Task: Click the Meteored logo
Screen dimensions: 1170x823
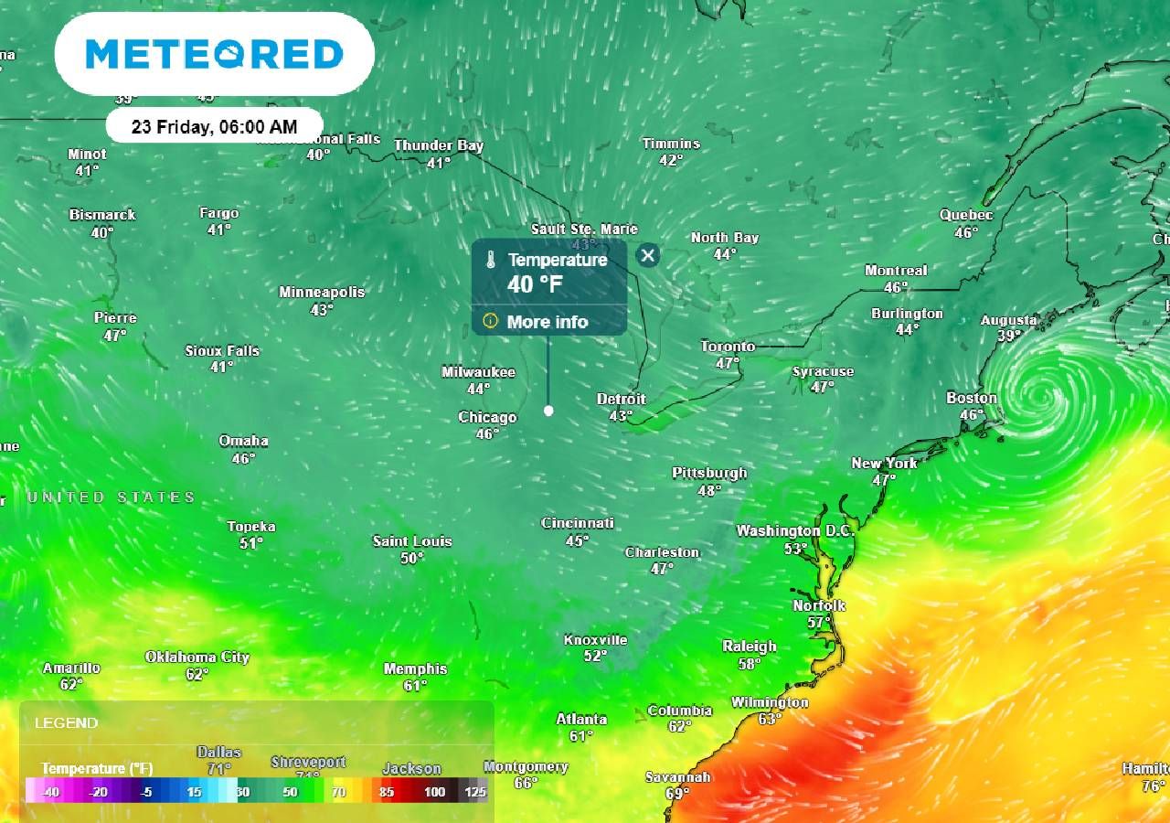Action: click(214, 54)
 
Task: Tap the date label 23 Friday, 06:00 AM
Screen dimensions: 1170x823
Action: click(214, 126)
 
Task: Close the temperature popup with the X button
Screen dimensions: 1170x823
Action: click(648, 255)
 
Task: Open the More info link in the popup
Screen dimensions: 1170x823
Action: click(547, 322)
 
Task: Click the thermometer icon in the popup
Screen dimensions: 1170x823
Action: click(491, 261)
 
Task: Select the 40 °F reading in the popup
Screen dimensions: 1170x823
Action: click(535, 284)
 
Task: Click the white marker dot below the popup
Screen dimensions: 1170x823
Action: click(548, 411)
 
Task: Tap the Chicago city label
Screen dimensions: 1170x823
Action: click(487, 418)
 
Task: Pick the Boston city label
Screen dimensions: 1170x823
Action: click(972, 398)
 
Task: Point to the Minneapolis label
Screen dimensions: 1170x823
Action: click(322, 293)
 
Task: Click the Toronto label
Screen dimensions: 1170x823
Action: click(728, 347)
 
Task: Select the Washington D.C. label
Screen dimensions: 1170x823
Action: click(794, 531)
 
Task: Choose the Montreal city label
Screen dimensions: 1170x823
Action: click(896, 271)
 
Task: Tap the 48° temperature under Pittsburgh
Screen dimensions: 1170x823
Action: click(709, 490)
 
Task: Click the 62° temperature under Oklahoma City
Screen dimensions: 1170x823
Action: click(197, 674)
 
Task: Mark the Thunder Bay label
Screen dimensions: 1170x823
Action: click(439, 145)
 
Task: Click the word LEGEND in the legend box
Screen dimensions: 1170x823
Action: click(66, 723)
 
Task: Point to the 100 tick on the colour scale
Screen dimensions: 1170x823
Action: click(434, 792)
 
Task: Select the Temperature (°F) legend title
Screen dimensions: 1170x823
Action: click(97, 768)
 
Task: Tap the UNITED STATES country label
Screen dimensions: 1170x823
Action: click(112, 497)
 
